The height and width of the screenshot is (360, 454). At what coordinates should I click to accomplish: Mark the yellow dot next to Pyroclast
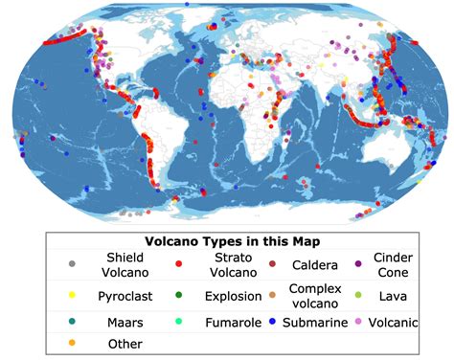tap(70, 297)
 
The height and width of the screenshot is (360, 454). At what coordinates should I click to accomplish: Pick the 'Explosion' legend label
tap(231, 296)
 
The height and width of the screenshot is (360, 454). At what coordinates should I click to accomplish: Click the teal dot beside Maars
tap(70, 323)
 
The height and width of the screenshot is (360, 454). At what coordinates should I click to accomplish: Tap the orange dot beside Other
tap(70, 344)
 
